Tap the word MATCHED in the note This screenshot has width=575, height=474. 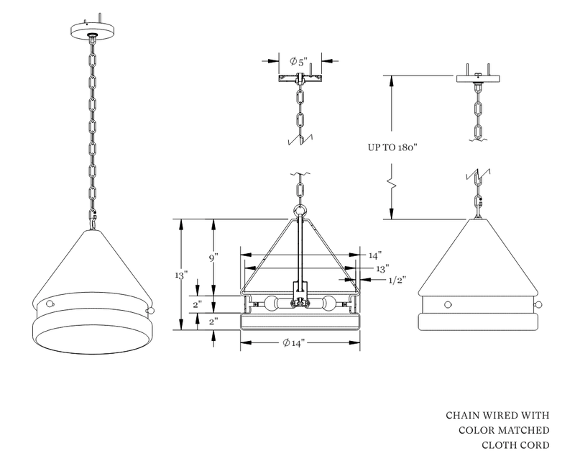pyautogui.click(x=520, y=430)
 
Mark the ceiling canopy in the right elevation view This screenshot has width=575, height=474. pyautogui.click(x=478, y=78)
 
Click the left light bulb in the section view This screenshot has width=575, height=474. pyautogui.click(x=274, y=304)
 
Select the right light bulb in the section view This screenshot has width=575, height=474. pyautogui.click(x=328, y=304)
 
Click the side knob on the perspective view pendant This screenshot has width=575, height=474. pyautogui.click(x=152, y=310)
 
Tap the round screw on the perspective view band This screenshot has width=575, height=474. pyautogui.click(x=50, y=305)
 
